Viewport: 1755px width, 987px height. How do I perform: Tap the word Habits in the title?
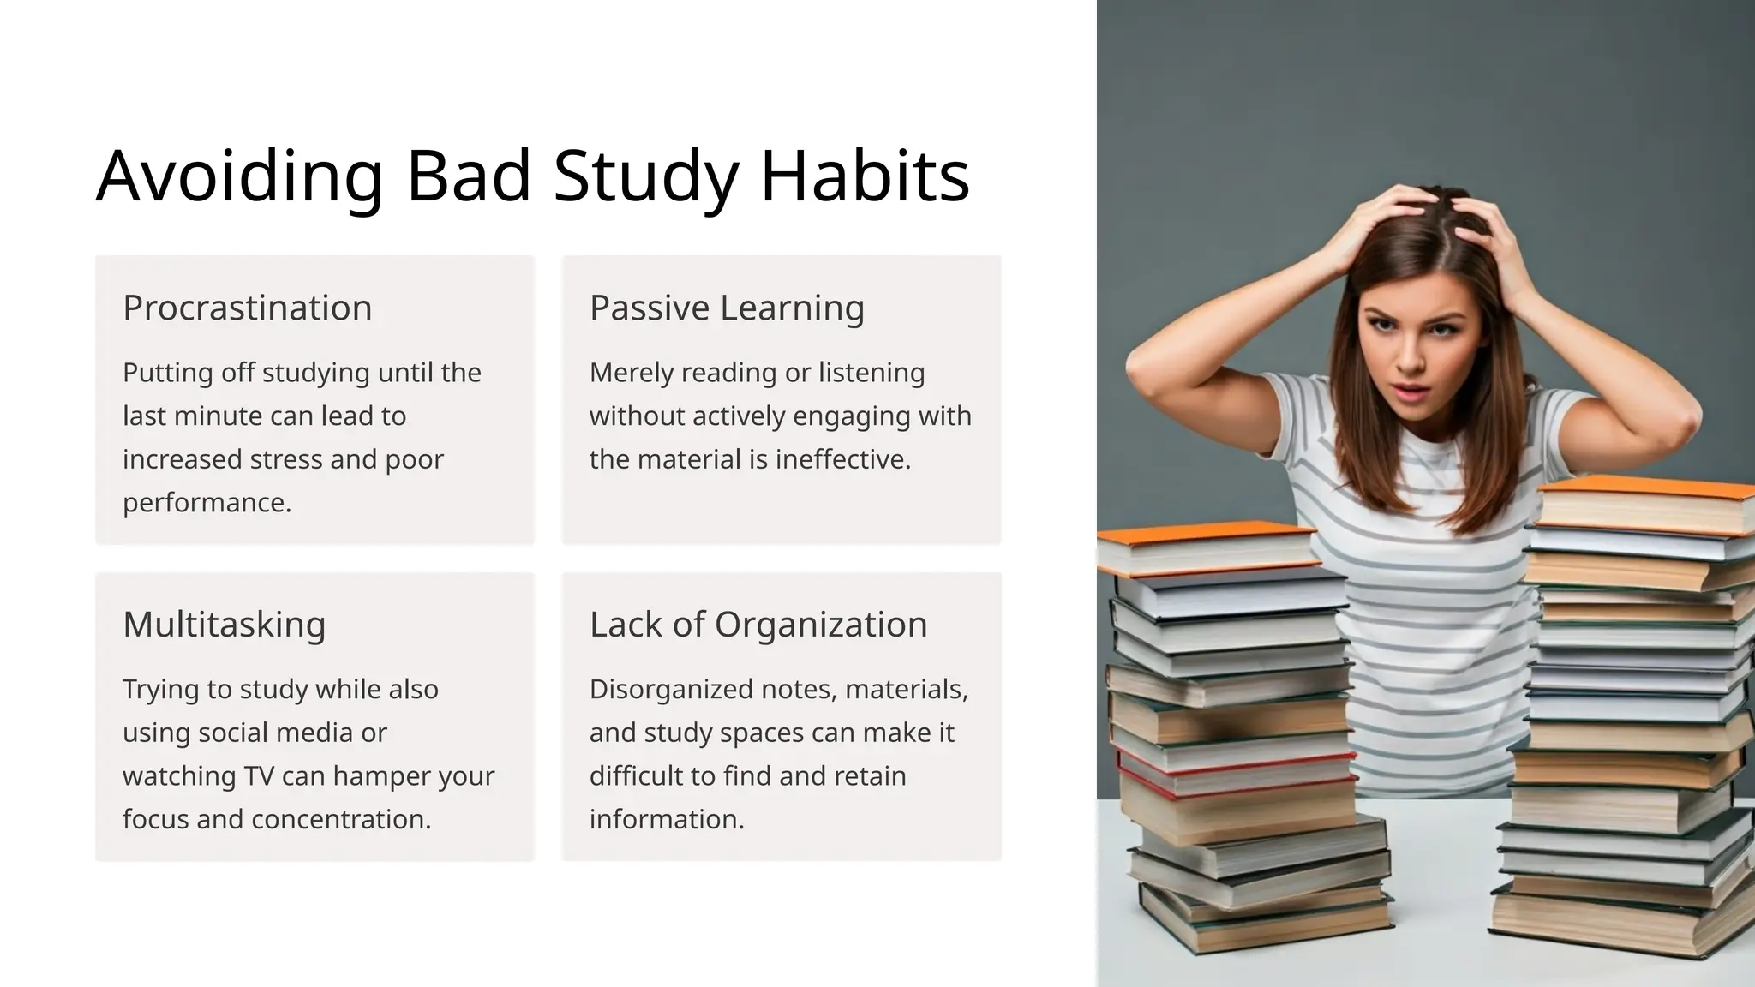[x=865, y=176]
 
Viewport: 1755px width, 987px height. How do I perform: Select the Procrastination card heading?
[x=247, y=308]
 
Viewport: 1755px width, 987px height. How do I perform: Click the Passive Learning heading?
[x=727, y=308]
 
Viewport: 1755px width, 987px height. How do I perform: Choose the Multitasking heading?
[x=224, y=625]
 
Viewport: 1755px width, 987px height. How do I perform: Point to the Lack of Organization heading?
[x=758, y=625]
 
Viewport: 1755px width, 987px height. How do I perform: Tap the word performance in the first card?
[x=206, y=503]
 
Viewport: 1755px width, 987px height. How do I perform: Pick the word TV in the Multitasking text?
[x=259, y=776]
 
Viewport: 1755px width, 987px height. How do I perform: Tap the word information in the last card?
[x=666, y=819]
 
